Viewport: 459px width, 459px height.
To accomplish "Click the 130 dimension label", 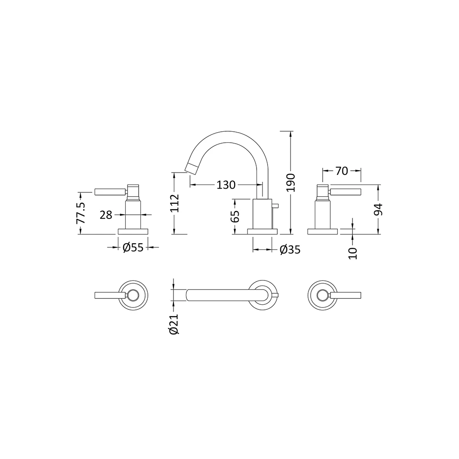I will pos(226,185).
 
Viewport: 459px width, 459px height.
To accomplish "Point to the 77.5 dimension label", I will pos(81,213).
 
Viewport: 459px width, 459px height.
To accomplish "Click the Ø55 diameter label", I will pos(133,248).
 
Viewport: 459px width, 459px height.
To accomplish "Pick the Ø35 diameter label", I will pos(290,250).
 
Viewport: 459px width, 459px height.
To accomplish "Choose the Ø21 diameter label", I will pos(173,325).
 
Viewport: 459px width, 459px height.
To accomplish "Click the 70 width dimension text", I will pos(341,171).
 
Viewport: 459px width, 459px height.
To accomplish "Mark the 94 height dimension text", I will pos(378,209).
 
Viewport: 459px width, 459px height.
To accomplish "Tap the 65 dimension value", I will pos(235,216).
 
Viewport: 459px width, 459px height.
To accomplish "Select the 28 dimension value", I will pos(106,214).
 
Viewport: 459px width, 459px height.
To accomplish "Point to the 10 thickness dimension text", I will pos(352,252).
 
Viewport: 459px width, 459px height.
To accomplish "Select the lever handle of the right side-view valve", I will pos(345,192).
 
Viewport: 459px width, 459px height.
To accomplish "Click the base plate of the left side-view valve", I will pos(133,231).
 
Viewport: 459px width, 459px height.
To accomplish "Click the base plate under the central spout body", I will pos(263,231).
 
